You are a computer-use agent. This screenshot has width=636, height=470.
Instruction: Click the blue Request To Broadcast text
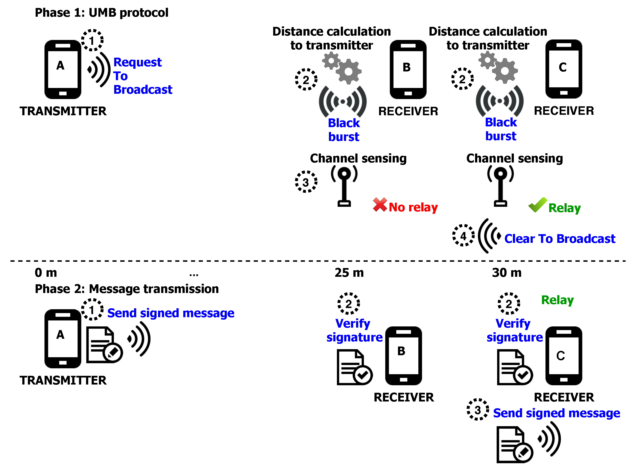tap(143, 76)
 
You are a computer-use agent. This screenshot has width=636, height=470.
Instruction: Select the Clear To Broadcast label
tap(560, 239)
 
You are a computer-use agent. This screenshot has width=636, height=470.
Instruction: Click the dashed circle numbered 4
tap(464, 236)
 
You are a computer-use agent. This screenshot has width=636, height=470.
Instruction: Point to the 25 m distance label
tap(350, 273)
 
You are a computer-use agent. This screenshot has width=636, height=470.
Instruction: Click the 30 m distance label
tap(507, 273)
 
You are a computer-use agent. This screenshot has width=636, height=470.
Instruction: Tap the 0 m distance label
tap(46, 273)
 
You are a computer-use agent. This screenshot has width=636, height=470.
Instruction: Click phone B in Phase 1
tap(408, 70)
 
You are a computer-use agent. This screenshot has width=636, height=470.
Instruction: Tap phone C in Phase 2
tap(564, 356)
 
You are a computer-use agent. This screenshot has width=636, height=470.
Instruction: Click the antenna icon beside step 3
tap(344, 186)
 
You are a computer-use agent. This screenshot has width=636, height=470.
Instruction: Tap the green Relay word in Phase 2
tap(558, 300)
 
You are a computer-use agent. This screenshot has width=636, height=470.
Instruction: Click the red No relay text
tap(413, 208)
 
